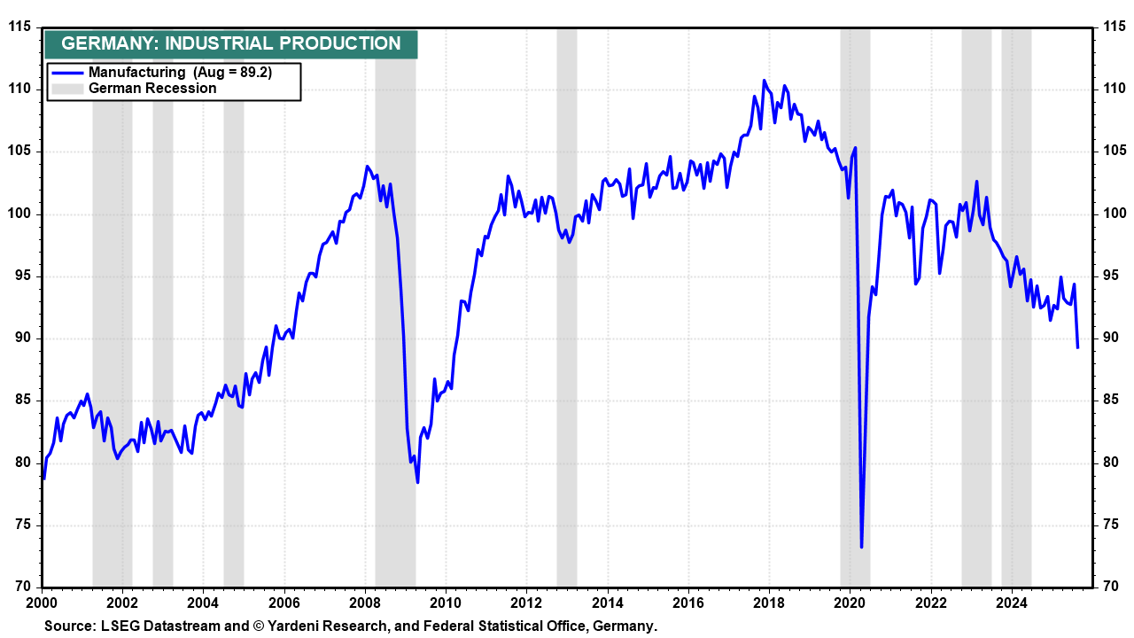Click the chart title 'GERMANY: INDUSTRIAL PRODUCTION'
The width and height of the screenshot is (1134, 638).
click(x=231, y=43)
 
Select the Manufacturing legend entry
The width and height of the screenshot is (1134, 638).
click(x=136, y=73)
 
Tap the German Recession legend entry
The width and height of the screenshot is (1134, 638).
click(x=151, y=88)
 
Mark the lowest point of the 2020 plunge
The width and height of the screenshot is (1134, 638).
click(x=861, y=547)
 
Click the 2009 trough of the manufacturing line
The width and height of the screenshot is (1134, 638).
click(x=417, y=482)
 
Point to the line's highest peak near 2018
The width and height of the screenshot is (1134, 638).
click(x=765, y=81)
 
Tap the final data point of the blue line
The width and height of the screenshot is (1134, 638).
click(x=1077, y=347)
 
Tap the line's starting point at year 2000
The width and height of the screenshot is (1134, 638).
click(x=43, y=478)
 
